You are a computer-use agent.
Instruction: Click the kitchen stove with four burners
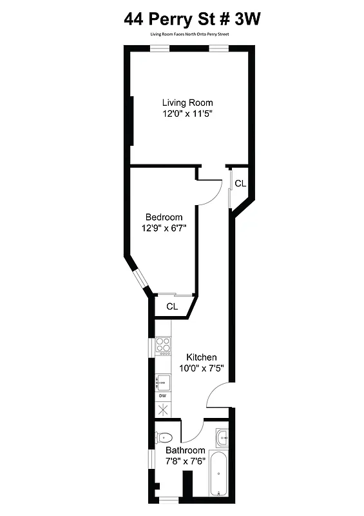click(164, 346)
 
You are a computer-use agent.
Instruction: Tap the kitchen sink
click(162, 382)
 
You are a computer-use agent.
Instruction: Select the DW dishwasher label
click(162, 395)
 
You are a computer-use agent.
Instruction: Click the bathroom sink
click(222, 438)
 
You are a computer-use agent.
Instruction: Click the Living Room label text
click(187, 103)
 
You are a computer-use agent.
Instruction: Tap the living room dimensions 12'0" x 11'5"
click(187, 113)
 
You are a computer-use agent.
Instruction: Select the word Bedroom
click(164, 217)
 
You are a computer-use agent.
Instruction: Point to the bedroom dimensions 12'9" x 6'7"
click(164, 228)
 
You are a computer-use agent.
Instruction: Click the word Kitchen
click(202, 357)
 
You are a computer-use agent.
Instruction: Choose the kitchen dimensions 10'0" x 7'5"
click(202, 368)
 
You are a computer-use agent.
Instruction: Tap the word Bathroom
click(186, 450)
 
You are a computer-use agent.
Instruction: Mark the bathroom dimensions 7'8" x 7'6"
click(186, 461)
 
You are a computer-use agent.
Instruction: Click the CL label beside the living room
click(240, 184)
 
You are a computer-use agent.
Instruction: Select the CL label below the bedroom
click(172, 306)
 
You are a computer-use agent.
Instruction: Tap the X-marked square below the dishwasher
click(162, 410)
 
